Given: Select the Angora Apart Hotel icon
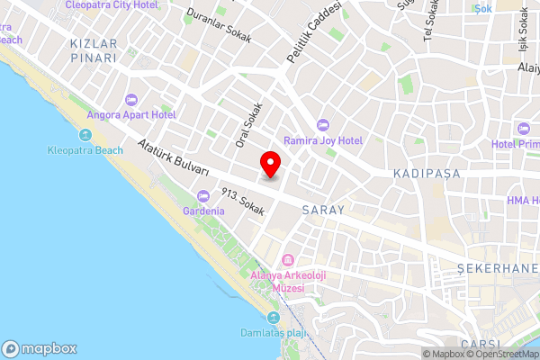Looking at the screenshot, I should [x=130, y=98].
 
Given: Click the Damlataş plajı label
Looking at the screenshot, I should [x=274, y=333].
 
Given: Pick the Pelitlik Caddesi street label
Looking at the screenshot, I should [x=315, y=32].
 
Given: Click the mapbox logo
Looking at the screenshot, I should [x=40, y=348].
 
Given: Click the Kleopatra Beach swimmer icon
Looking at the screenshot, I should [x=86, y=135].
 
